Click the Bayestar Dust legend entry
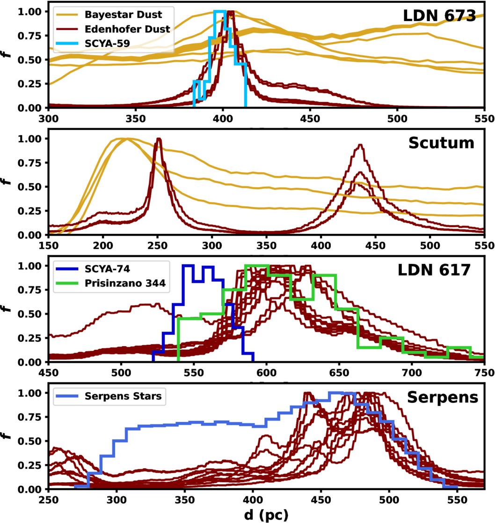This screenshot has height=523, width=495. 109,15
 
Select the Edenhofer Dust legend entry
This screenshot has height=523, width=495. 113,29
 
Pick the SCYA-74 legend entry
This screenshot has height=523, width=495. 93,269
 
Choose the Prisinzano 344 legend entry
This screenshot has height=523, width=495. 110,283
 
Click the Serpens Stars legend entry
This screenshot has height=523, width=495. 109,396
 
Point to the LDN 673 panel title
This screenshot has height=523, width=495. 439,16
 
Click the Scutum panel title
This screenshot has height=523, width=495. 441,143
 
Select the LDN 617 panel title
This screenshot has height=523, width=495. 434,270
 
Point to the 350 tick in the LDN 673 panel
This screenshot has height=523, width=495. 136,119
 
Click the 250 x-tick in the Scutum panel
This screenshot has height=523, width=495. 158,246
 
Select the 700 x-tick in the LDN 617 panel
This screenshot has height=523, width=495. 412,372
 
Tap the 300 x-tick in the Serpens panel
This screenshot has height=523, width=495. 117,500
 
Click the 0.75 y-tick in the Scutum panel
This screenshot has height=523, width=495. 29,163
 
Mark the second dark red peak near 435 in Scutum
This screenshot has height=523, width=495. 360,145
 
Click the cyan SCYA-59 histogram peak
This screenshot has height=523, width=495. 220,12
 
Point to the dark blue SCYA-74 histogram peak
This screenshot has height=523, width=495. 188,266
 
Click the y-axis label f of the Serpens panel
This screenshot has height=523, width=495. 7,436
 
